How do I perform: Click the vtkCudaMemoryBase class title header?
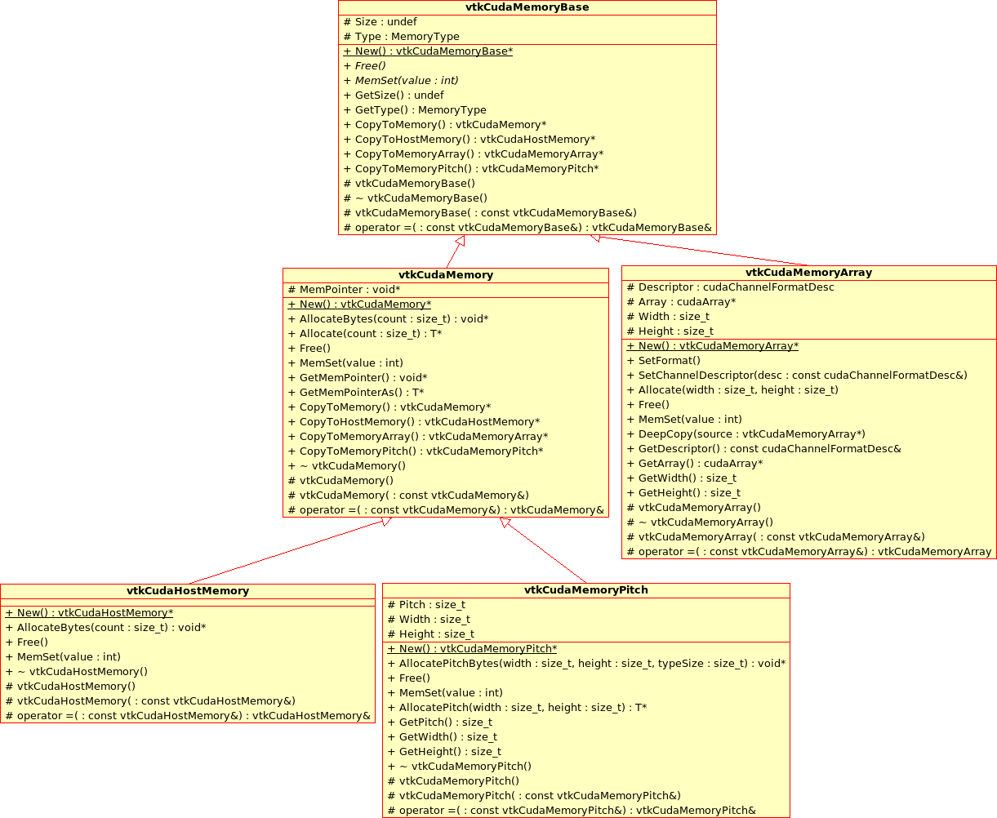527,7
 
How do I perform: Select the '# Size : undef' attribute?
381,22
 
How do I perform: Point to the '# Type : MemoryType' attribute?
402,37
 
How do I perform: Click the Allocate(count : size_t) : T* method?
365,334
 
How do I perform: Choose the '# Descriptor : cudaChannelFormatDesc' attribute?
731,287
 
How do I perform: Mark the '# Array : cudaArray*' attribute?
681,302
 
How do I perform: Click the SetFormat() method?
664,361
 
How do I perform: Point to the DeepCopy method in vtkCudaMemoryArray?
746,434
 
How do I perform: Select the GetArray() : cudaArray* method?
695,464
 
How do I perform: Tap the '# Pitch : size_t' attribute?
426,605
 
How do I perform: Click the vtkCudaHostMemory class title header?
188,591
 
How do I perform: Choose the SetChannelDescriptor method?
797,376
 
